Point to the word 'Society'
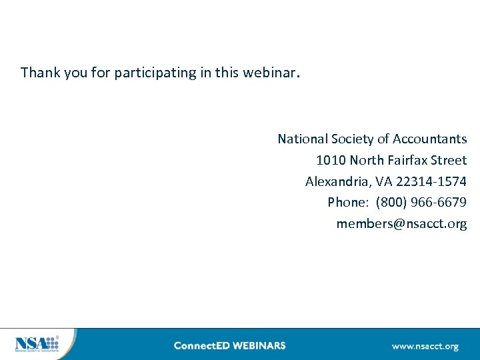click(352, 139)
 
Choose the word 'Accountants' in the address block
click(430, 139)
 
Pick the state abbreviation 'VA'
click(383, 181)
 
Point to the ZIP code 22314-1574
click(431, 181)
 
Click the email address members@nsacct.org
click(401, 223)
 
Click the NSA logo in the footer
click(37, 344)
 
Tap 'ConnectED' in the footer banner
click(200, 345)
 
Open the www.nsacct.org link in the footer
click(425, 346)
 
